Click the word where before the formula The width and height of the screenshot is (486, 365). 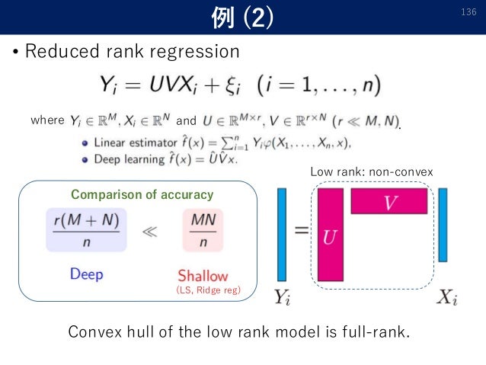(46, 120)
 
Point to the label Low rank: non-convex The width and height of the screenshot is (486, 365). (372, 173)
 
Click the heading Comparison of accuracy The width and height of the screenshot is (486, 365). (142, 195)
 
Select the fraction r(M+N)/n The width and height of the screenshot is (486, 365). (86, 229)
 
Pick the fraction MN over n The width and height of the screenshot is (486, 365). (203, 229)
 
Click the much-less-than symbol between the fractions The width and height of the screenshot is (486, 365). (152, 230)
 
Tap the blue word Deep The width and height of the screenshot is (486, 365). (86, 274)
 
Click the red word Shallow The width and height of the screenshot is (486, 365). (203, 275)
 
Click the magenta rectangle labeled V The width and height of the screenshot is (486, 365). (388, 200)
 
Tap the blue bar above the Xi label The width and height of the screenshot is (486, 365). (443, 225)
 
